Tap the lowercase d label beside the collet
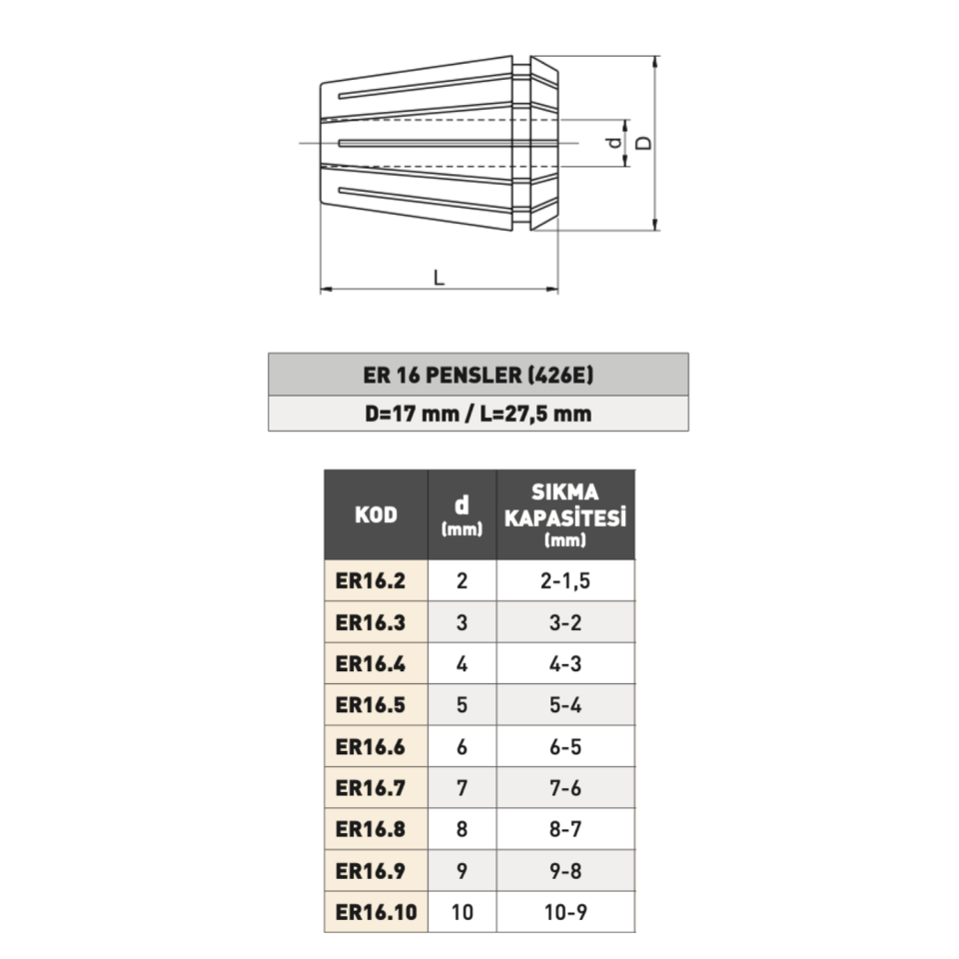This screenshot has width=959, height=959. pyautogui.click(x=614, y=143)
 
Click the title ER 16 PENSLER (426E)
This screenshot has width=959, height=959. pyautogui.click(x=479, y=376)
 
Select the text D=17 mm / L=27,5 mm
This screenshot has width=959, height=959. pyautogui.click(x=479, y=414)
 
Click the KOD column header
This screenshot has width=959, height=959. pyautogui.click(x=376, y=515)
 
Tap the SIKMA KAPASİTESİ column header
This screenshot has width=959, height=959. pyautogui.click(x=565, y=515)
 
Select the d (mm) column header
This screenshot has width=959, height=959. pyautogui.click(x=462, y=515)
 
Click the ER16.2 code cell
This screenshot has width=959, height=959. pyautogui.click(x=371, y=580)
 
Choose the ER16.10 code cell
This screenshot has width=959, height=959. pyautogui.click(x=376, y=912)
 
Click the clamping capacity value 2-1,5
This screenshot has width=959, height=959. pyautogui.click(x=565, y=580)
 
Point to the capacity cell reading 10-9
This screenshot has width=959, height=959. pyautogui.click(x=565, y=912)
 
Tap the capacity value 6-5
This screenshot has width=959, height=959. pyautogui.click(x=565, y=746)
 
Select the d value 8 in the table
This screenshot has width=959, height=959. pyautogui.click(x=462, y=829)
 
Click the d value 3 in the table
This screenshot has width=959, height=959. pyautogui.click(x=462, y=622)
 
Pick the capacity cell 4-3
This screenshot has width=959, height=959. pyautogui.click(x=565, y=663)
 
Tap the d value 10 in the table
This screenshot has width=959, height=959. pyautogui.click(x=462, y=912)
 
